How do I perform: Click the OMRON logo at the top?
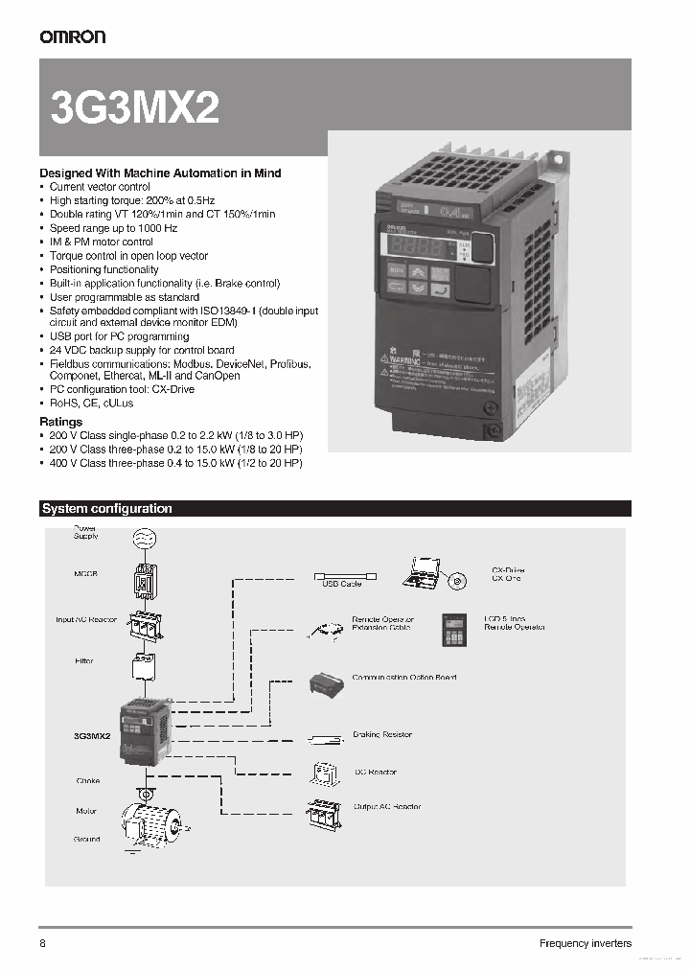point(72,36)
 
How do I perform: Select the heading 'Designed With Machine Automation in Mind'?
point(160,173)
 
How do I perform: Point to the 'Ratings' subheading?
point(60,422)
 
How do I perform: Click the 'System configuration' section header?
point(107,509)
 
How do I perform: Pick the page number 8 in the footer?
point(43,943)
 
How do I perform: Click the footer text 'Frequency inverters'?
point(585,943)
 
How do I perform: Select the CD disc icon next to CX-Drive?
point(457,581)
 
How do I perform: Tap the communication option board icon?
point(327,682)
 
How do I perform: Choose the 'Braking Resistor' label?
point(382,734)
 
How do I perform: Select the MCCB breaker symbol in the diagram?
point(143,578)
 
